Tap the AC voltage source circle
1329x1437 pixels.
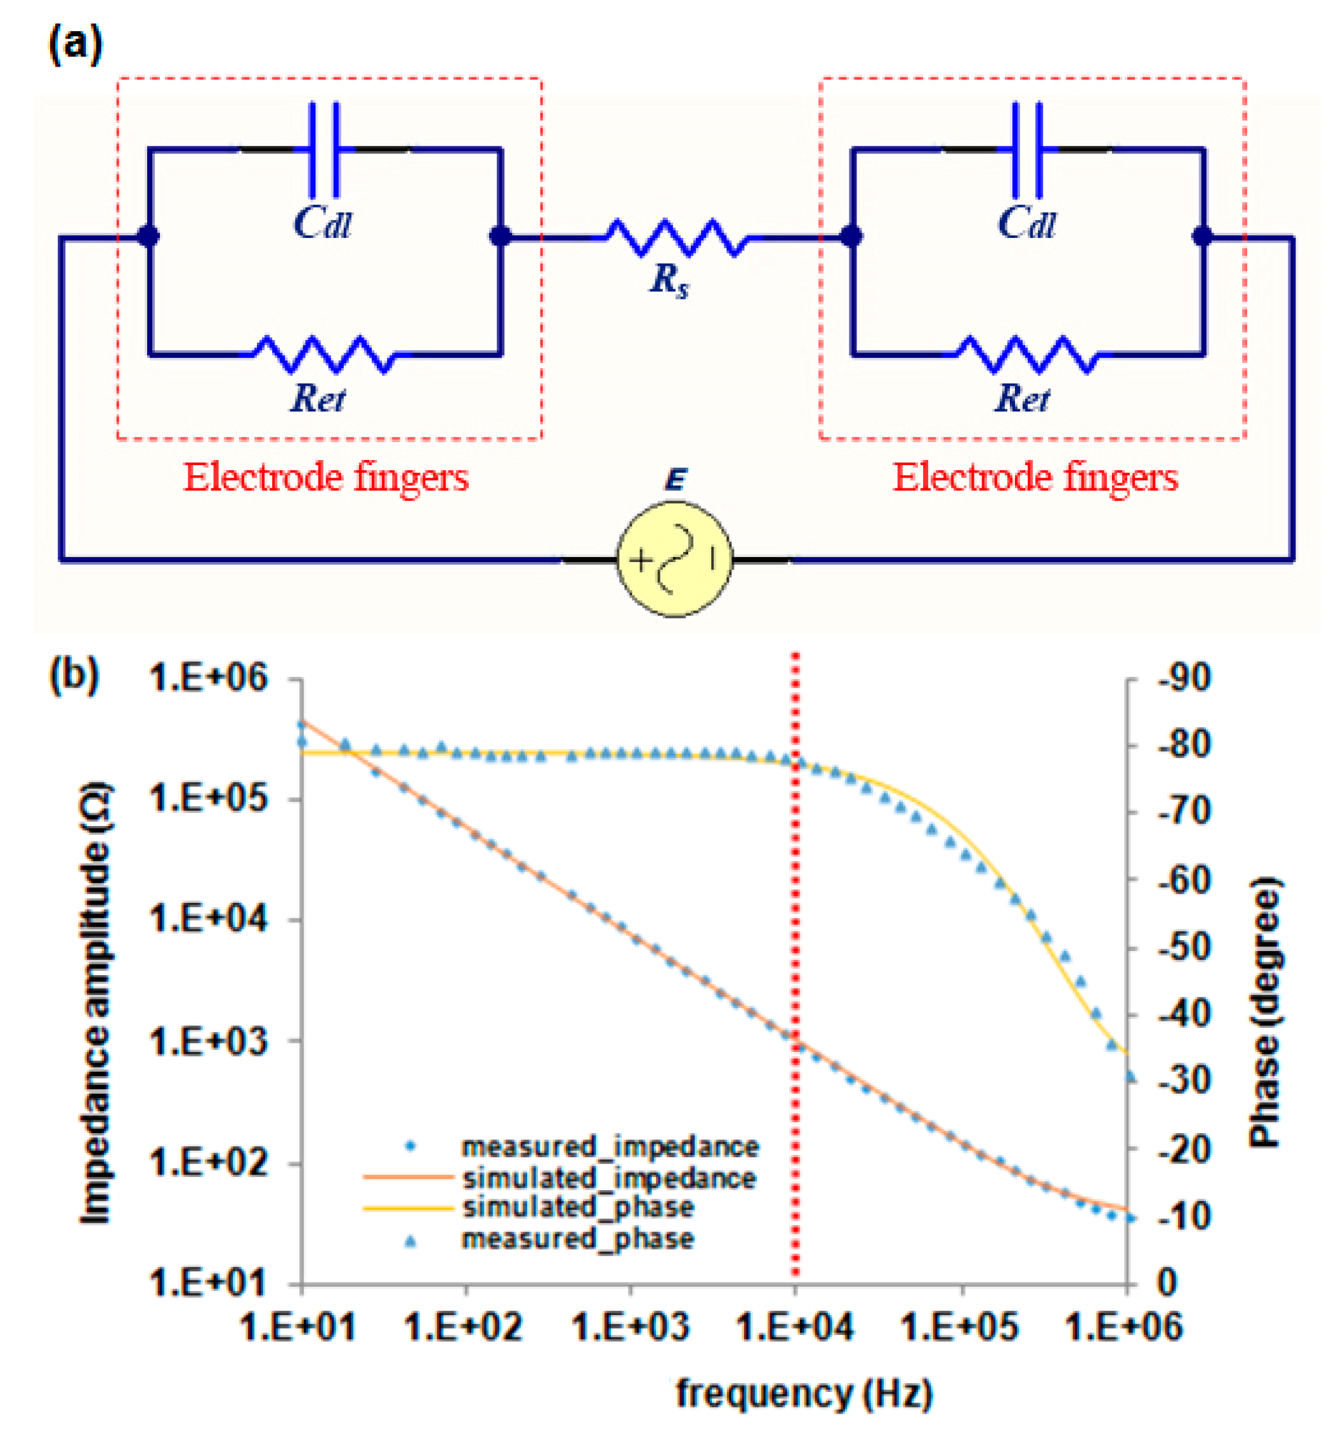(674, 559)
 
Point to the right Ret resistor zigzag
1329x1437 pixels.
(1027, 354)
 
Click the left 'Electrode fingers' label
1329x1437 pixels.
(326, 478)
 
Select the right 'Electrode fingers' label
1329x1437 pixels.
(1035, 478)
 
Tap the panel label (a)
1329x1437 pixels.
(75, 44)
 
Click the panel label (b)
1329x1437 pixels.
(75, 676)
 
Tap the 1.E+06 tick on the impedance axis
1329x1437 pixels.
(208, 678)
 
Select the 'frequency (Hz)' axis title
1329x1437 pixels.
(804, 1393)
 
